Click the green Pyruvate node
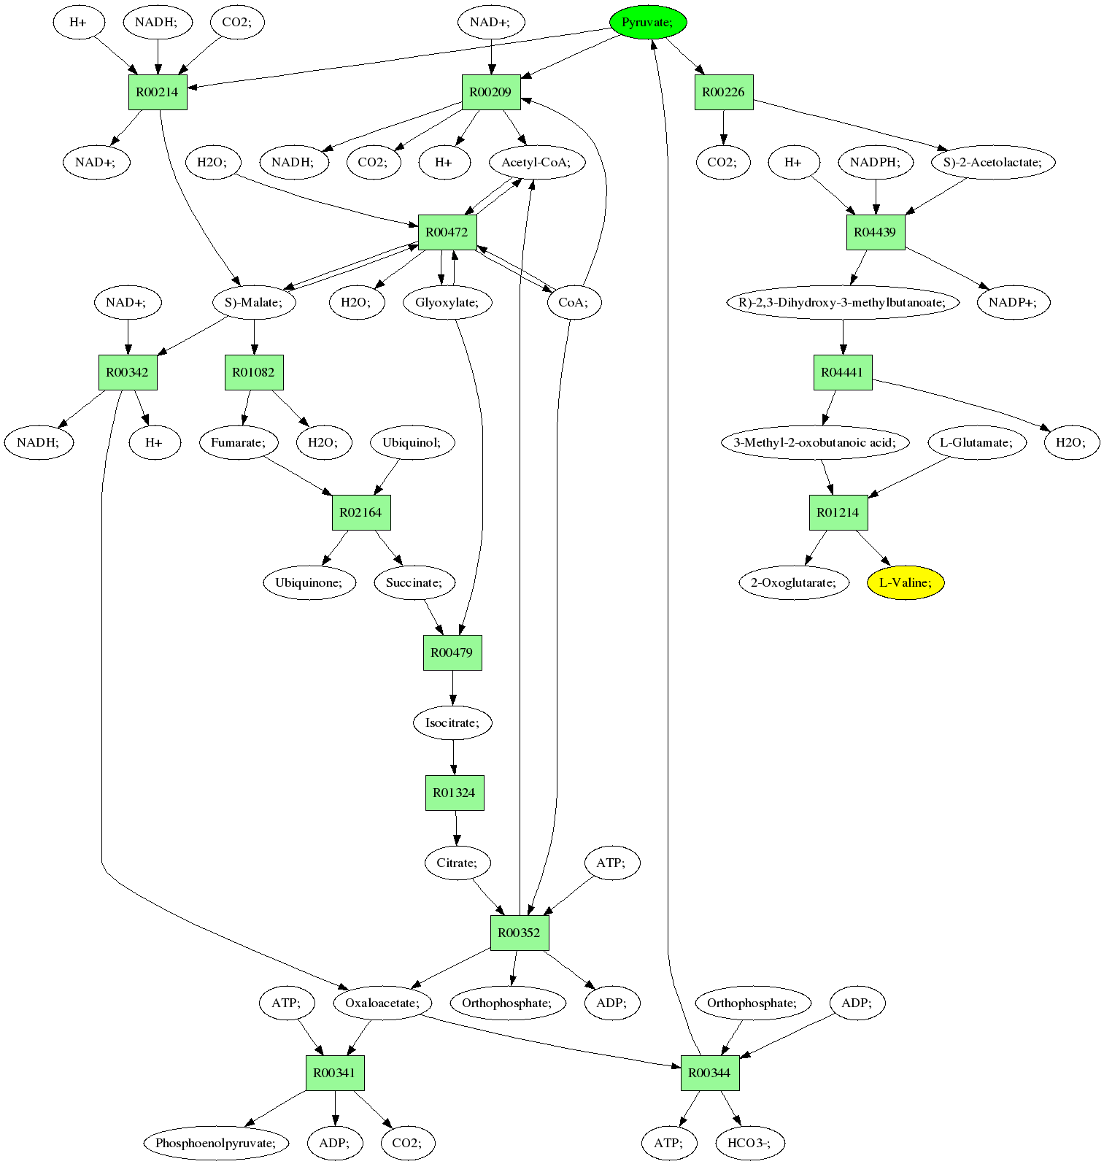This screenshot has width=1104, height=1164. point(647,22)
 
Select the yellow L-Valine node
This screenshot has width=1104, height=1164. point(905,582)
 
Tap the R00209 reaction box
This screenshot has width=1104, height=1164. point(490,92)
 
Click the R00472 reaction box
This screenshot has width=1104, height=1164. point(447,232)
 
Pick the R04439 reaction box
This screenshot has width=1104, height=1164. point(875,232)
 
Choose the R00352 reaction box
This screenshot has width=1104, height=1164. point(519,933)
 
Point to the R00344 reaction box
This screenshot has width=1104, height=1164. point(709,1073)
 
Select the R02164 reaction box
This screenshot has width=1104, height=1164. point(360,512)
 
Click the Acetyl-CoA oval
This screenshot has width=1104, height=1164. point(536,162)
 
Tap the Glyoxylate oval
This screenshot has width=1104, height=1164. point(447,302)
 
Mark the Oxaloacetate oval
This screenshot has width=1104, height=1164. point(382,1003)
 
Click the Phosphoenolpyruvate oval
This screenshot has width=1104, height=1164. point(216,1143)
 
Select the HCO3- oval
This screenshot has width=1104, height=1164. point(749,1143)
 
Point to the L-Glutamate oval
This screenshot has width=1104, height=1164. point(976,442)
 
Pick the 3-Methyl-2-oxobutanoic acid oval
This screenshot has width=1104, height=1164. point(814,442)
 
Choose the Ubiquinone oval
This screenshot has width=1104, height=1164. point(309,582)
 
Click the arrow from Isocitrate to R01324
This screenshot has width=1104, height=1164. point(453,758)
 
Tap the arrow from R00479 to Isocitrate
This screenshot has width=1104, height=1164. point(452,687)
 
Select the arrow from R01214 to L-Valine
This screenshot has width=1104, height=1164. point(873,548)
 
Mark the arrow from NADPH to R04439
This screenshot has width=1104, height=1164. point(876,197)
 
